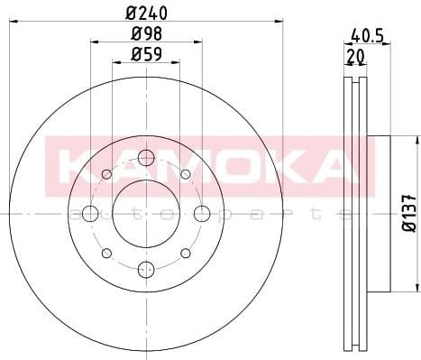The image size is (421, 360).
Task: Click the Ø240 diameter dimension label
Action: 146,12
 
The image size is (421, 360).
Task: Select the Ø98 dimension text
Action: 146,34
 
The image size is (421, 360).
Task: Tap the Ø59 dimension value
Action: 146,54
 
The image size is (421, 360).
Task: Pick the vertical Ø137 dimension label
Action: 407,214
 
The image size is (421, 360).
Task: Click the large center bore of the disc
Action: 146,214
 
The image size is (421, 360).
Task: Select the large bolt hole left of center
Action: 91,214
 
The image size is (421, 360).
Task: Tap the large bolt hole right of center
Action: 202,214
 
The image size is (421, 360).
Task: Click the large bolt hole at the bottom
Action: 146,269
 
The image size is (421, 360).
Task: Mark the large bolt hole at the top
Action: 146,159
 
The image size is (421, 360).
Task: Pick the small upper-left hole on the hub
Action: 107,174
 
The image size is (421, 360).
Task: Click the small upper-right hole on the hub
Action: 185,174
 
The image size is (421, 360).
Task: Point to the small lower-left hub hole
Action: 107,253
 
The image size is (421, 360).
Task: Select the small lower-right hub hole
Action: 185,253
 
